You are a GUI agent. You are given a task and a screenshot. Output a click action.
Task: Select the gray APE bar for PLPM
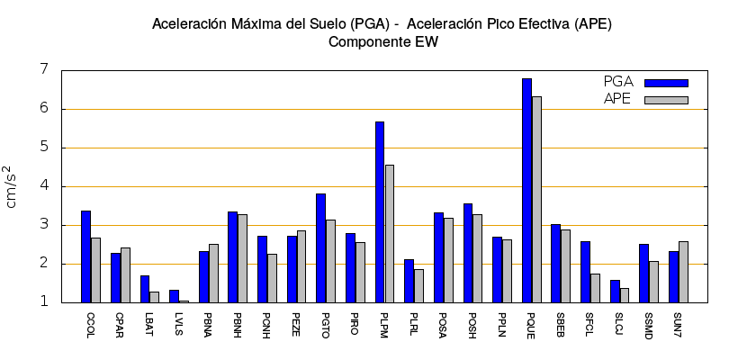pyautogui.click(x=389, y=234)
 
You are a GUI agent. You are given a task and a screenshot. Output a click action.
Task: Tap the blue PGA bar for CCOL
pyautogui.click(x=85, y=256)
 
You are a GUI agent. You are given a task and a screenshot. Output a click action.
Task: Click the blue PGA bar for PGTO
pyautogui.click(x=320, y=248)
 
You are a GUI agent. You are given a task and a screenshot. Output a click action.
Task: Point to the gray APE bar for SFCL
pyautogui.click(x=595, y=288)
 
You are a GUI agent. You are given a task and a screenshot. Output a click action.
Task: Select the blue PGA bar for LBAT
pyautogui.click(x=145, y=289)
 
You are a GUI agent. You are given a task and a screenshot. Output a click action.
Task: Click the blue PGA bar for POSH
pyautogui.click(x=468, y=253)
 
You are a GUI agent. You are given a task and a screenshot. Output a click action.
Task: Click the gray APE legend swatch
pyautogui.click(x=666, y=100)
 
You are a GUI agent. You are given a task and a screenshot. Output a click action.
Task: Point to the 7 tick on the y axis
pyautogui.click(x=43, y=70)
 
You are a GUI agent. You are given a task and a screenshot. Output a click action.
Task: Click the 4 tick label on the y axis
pyautogui.click(x=43, y=186)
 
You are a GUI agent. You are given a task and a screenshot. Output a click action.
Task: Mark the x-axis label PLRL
pyautogui.click(x=413, y=325)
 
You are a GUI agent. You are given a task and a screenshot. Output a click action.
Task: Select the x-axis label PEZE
pyautogui.click(x=296, y=325)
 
